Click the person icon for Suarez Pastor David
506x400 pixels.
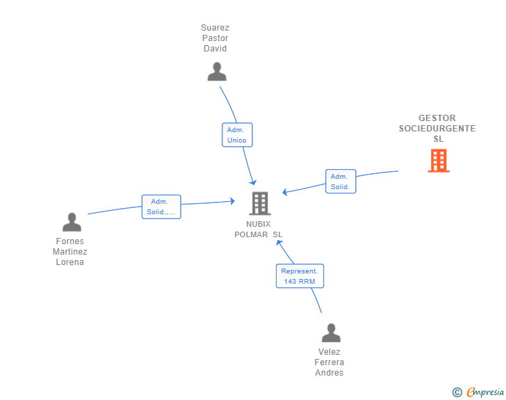(217, 72)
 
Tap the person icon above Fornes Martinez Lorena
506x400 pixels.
(72, 222)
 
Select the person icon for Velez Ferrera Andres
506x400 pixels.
(331, 333)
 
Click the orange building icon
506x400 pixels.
(439, 160)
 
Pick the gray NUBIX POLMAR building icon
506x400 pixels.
(260, 204)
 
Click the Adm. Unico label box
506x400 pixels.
(237, 135)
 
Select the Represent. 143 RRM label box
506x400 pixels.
(300, 276)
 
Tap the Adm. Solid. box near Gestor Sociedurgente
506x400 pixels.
(341, 182)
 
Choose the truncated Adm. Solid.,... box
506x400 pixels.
(161, 207)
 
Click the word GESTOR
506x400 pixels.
(437, 118)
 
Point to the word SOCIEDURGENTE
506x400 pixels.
(437, 129)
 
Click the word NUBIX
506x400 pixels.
(258, 224)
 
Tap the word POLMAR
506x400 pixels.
(251, 234)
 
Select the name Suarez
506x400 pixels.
(215, 28)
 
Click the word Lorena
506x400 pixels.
(70, 262)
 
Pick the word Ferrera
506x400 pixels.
(329, 362)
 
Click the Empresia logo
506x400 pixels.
(485, 392)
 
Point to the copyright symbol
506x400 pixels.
(457, 392)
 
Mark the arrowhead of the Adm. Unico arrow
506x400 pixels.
(254, 182)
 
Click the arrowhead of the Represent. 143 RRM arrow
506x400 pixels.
(279, 243)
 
